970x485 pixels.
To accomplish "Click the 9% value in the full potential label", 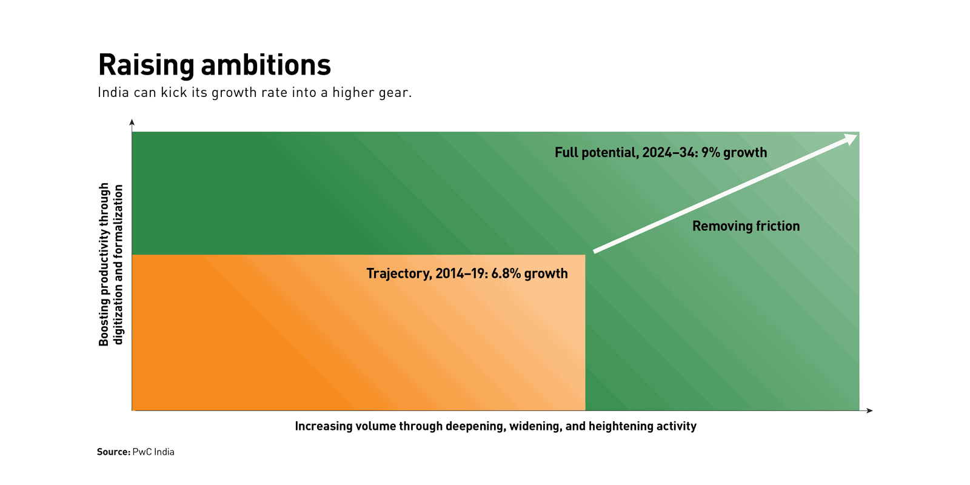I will tap(711, 153).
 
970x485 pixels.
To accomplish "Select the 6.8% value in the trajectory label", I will tap(506, 273).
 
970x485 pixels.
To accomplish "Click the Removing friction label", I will tap(746, 226).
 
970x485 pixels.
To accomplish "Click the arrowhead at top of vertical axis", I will tap(132, 122).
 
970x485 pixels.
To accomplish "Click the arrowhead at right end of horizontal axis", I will tap(870, 410).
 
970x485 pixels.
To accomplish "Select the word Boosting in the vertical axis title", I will tap(104, 324).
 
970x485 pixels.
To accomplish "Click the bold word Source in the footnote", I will tap(113, 452).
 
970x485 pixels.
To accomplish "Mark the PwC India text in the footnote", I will tap(153, 452).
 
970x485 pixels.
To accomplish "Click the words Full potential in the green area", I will tap(595, 153).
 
